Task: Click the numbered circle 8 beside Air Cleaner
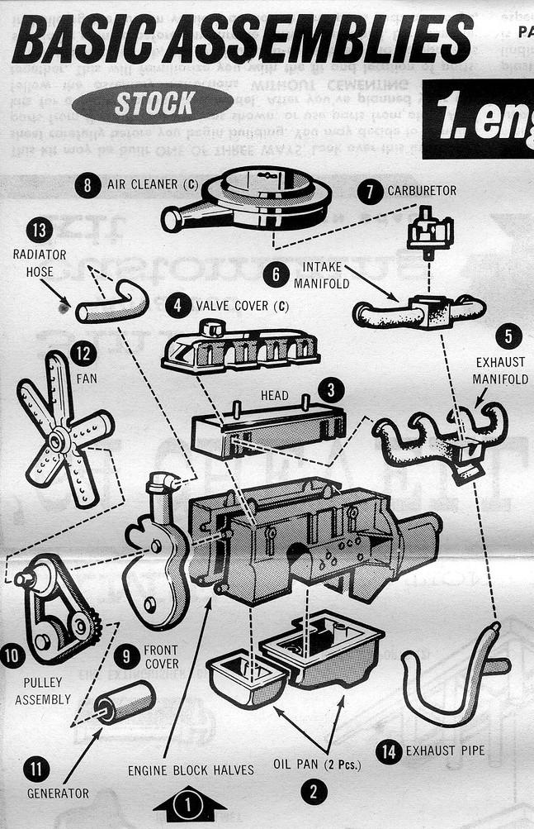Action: (87, 184)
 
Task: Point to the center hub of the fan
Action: (60, 441)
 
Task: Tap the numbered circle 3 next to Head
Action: (330, 390)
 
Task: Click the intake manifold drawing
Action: (420, 311)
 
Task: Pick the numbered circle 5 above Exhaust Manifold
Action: (508, 336)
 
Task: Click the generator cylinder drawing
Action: (125, 703)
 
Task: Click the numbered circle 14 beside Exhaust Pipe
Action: (388, 750)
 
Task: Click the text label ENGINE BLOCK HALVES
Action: (191, 770)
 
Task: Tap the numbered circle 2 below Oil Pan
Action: (314, 793)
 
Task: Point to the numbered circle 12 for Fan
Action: (83, 355)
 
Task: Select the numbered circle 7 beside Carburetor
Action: (371, 190)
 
